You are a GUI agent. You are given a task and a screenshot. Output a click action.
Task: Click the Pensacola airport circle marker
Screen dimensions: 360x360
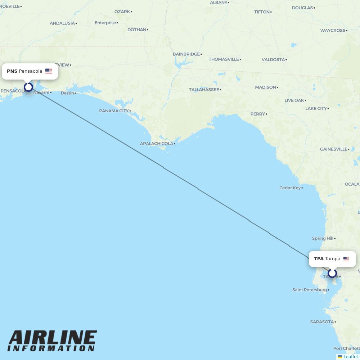28,87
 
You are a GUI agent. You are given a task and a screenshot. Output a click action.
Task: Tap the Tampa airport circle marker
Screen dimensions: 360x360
332,273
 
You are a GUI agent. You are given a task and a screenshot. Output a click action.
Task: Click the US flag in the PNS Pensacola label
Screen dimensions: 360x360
49,71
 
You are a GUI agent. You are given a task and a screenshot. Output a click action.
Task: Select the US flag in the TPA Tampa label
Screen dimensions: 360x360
346,259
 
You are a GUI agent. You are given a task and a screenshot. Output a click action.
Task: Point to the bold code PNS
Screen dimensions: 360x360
12,71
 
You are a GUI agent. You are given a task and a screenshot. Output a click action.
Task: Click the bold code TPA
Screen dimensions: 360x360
319,259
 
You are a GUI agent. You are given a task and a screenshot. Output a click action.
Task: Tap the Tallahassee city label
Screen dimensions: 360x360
204,90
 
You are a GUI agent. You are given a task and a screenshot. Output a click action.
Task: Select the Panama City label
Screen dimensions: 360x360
114,111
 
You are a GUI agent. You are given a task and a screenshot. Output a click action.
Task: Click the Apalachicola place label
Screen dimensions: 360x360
157,144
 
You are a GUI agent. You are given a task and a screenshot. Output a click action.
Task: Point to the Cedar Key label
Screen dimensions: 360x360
290,188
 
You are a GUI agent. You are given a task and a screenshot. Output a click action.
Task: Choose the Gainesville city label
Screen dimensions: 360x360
333,149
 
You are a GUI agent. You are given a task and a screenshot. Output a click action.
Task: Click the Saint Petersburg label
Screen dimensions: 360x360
310,290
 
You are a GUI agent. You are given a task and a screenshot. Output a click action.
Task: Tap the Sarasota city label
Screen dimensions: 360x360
322,322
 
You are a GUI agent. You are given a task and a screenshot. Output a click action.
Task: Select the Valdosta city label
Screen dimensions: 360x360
273,60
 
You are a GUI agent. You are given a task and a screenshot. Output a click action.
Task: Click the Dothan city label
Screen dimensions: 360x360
137,30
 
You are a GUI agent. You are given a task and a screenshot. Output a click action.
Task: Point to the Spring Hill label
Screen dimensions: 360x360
323,238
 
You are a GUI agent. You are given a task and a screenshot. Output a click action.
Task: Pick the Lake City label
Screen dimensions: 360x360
316,108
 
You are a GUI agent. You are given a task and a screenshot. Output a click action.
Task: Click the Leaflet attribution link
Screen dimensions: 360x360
351,356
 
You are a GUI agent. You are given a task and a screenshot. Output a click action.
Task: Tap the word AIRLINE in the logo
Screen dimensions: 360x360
53,338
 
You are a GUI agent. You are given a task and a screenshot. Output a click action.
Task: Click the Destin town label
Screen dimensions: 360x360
67,93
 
